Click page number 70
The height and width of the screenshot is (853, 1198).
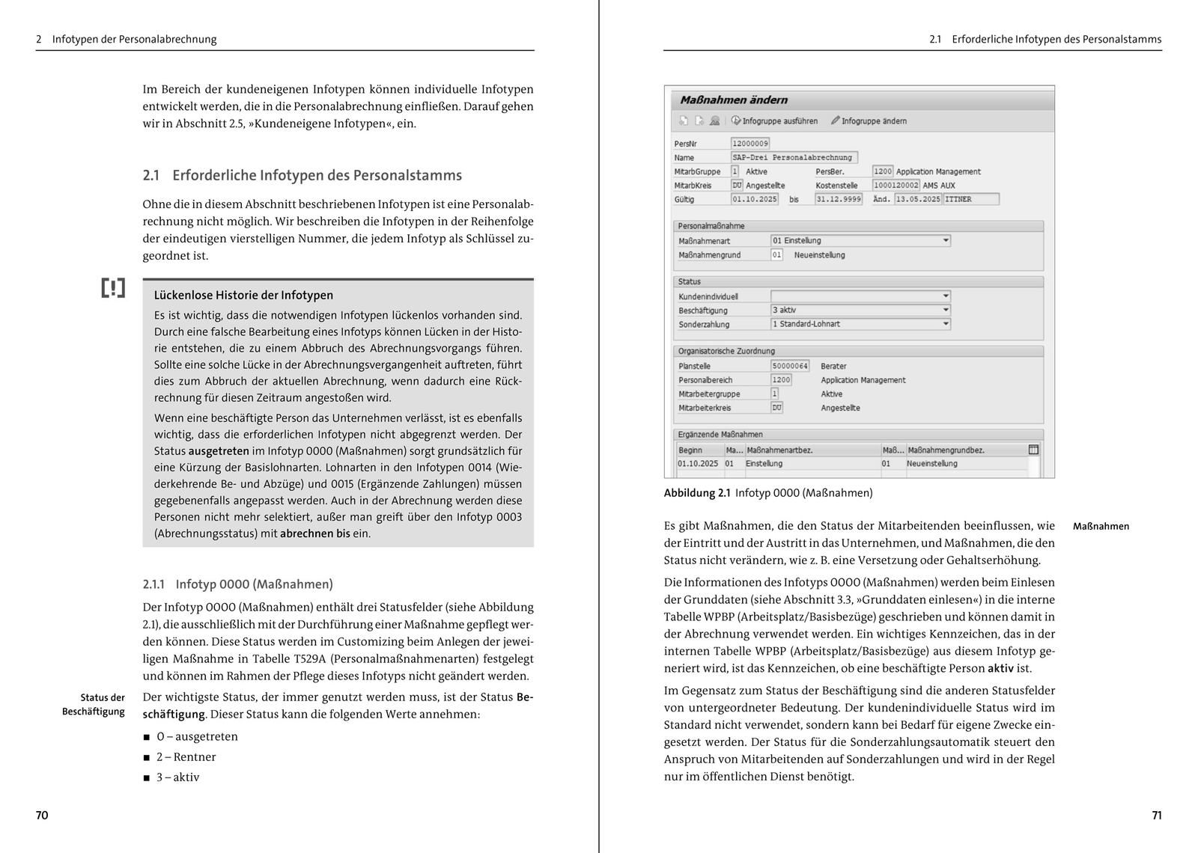point(42,815)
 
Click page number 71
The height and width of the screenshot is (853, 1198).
point(1156,815)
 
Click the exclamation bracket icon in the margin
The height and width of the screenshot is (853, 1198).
point(113,288)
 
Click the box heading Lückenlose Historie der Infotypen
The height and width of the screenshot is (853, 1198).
point(243,295)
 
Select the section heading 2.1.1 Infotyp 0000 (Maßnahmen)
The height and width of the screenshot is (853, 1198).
point(237,584)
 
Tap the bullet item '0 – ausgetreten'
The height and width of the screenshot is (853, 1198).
point(197,736)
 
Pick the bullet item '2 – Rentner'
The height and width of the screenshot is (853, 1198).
point(186,756)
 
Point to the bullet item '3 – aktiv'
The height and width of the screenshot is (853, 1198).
point(177,777)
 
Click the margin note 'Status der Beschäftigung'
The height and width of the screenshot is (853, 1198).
point(94,704)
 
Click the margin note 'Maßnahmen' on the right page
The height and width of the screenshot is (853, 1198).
point(1101,526)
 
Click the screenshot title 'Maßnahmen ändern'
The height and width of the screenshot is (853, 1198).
point(733,100)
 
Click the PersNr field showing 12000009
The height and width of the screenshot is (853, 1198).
point(749,143)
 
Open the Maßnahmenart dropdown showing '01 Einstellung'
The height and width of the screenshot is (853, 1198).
point(860,240)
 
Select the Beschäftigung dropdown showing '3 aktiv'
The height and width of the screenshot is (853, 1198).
point(860,310)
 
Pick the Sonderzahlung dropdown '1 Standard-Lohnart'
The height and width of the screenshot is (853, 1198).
point(860,324)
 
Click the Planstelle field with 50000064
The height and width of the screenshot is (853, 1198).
point(790,366)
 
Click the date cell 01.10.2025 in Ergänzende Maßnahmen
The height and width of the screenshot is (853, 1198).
point(698,463)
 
